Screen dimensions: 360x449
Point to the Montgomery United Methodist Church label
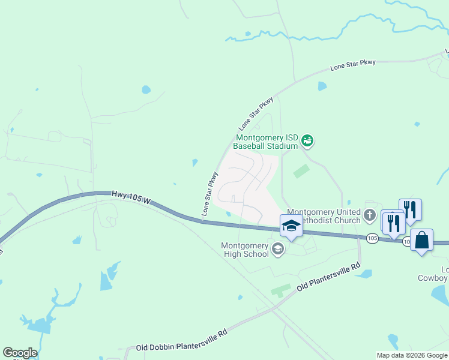324,216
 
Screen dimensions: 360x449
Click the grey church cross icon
370,214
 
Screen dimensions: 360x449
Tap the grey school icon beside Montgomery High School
278,249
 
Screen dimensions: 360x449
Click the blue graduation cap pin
291,226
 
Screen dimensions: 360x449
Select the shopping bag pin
422,240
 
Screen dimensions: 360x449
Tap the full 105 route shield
372,238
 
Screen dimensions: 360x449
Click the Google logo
20,353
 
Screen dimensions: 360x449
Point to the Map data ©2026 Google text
412,355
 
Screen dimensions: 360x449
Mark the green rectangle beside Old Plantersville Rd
280,290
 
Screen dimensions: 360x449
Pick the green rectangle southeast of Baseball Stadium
302,171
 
